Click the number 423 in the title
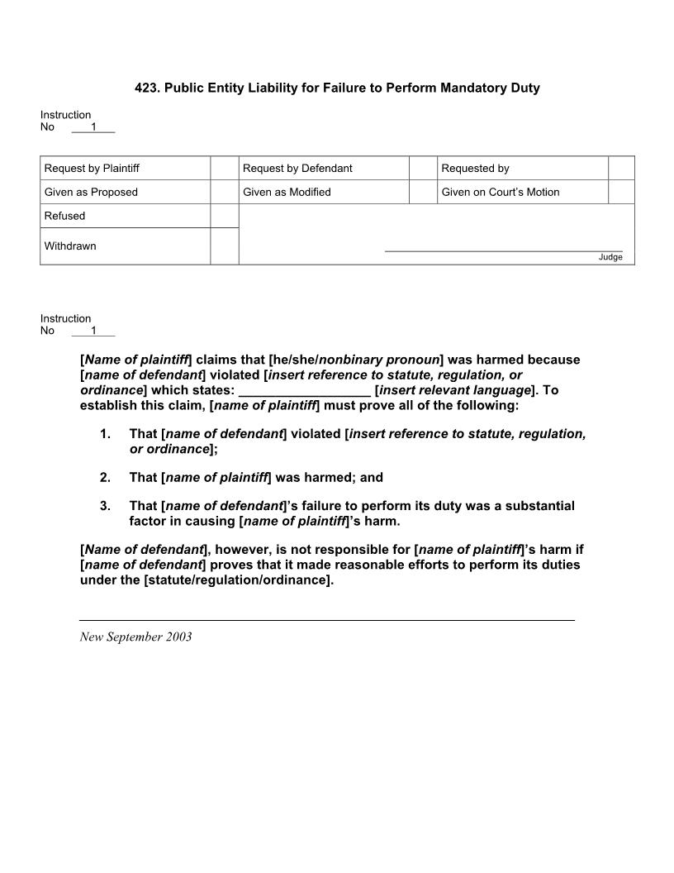pos(145,88)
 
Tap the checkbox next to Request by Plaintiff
pos(224,168)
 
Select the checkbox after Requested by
pos(621,168)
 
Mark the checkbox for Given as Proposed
pos(224,192)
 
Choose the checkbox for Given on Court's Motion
pos(621,192)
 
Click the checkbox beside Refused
pos(224,216)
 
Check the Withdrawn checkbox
pos(224,246)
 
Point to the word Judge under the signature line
pos(610,257)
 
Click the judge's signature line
pos(503,250)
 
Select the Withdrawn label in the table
pos(70,246)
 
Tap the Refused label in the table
pos(64,216)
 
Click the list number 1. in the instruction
pos(105,434)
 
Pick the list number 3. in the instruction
pos(105,506)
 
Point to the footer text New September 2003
pos(135,637)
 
